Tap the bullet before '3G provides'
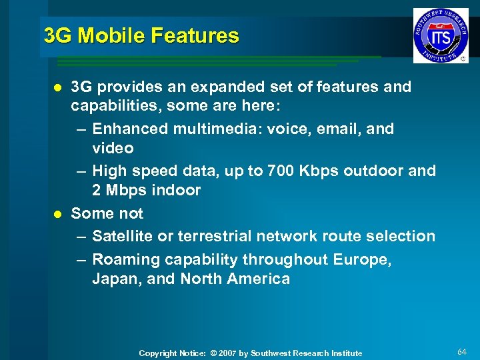coord(57,87)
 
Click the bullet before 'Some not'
coord(57,214)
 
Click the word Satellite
coord(122,236)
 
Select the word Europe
coord(366,260)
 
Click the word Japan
coord(114,279)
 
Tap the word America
coord(258,279)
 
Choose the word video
coord(113,147)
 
